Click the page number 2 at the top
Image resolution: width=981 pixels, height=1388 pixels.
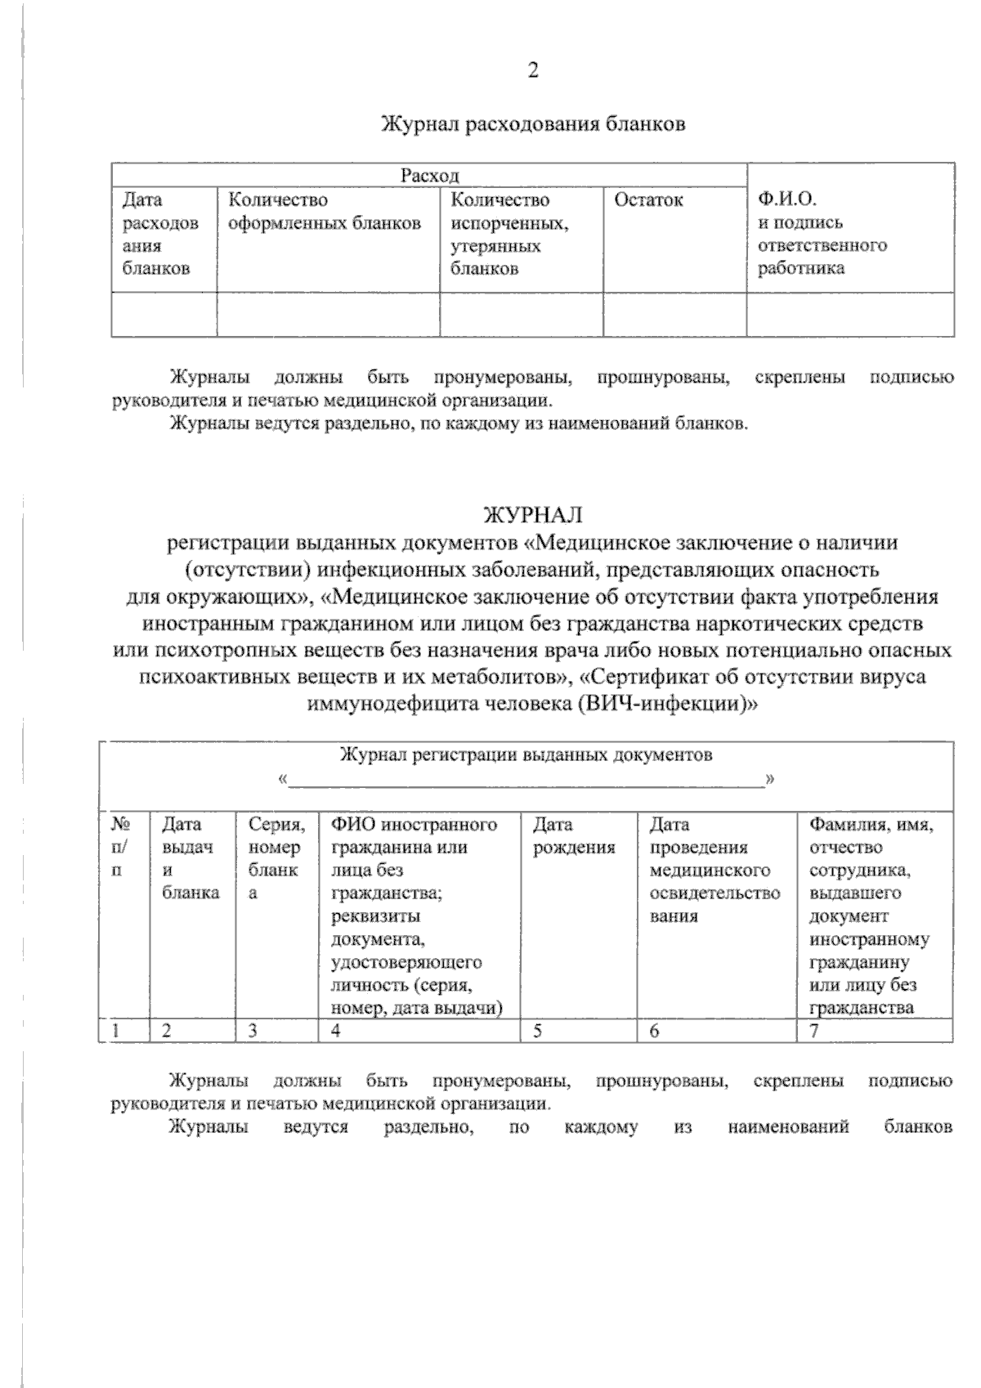point(533,71)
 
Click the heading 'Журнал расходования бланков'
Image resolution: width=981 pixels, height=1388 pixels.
point(533,124)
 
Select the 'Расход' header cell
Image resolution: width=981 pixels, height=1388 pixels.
point(429,175)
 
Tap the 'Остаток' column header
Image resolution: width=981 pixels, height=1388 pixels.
point(648,200)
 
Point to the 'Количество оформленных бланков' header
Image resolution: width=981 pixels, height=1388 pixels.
point(325,212)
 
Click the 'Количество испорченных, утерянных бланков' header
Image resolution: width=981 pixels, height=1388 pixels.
point(509,234)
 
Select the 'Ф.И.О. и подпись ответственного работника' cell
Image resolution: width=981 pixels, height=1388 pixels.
point(822,233)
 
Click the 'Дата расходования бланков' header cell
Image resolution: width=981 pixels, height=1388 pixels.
point(160,234)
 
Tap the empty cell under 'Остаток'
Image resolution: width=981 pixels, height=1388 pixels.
point(674,314)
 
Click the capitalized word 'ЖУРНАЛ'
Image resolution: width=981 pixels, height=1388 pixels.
point(533,515)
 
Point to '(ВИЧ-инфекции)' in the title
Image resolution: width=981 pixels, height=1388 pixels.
point(667,704)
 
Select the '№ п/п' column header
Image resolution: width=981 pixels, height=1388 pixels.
point(120,847)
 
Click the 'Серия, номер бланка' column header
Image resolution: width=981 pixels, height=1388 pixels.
point(275,858)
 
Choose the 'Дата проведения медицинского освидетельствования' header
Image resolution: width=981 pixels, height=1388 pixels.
point(714,870)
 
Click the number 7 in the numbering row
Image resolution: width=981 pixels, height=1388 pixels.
point(814,1031)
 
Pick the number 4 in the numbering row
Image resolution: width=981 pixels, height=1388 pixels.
point(335,1031)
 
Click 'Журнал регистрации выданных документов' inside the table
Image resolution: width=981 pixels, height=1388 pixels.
point(525,754)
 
